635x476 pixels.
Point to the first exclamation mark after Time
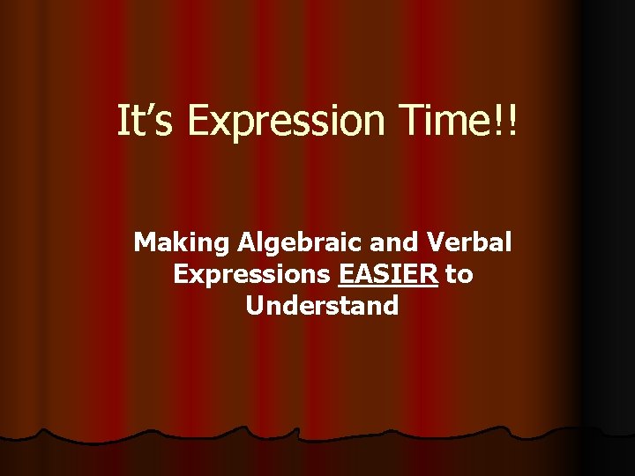pos(501,122)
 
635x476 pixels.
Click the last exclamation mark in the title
pos(513,122)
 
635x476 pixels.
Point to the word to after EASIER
pos(459,275)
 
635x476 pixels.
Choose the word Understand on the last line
pos(322,306)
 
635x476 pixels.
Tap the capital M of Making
pos(144,242)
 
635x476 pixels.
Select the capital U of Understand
pos(255,306)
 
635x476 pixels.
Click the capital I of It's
pos(123,122)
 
